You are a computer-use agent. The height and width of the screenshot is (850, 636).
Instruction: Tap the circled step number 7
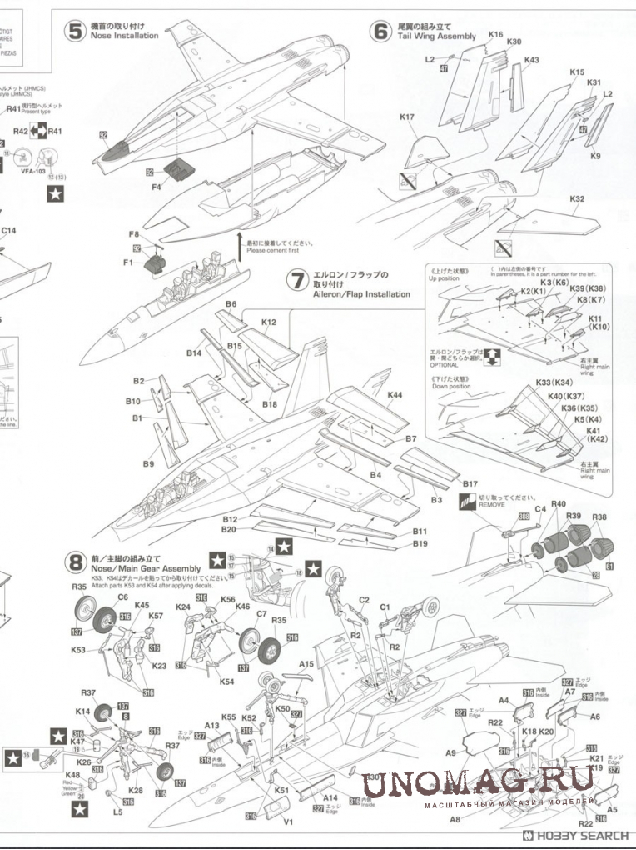pos(296,281)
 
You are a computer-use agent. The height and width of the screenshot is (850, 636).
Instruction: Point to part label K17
pos(406,117)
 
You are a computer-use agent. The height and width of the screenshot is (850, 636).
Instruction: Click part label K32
pos(577,199)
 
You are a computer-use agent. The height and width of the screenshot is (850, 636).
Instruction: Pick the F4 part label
pos(157,188)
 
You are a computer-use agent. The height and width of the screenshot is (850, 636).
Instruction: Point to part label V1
pos(289,822)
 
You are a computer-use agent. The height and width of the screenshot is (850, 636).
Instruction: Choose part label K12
pos(268,322)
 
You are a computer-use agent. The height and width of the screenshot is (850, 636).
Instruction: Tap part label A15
pos(306,664)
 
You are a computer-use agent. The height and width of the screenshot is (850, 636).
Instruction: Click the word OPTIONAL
pos(443,365)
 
